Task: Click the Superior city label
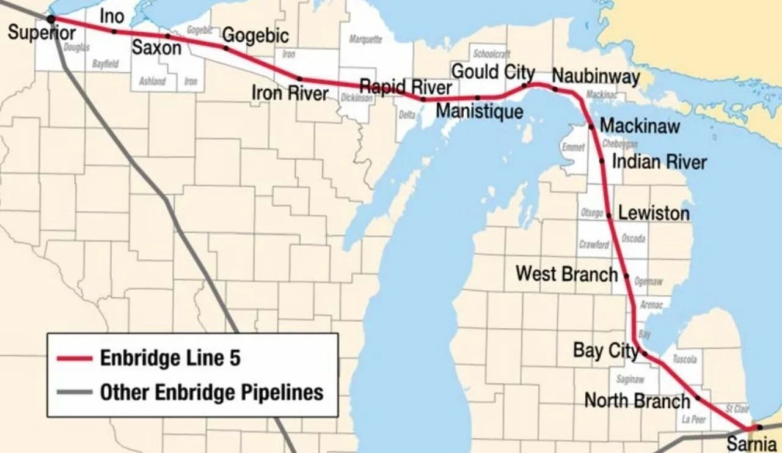tap(42, 32)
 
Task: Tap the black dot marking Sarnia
tap(758, 427)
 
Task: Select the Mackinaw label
tap(640, 126)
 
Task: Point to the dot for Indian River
tap(602, 161)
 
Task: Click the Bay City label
tap(605, 351)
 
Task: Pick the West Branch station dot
tap(626, 276)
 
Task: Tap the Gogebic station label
tap(255, 35)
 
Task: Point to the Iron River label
tap(290, 93)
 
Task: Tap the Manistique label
tap(480, 111)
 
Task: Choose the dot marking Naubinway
tap(555, 89)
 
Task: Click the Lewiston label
tap(654, 213)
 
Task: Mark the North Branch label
tap(637, 401)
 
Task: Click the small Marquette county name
tap(365, 40)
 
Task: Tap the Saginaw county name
tap(630, 380)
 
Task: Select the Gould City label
tap(493, 72)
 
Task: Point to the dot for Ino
tap(114, 31)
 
